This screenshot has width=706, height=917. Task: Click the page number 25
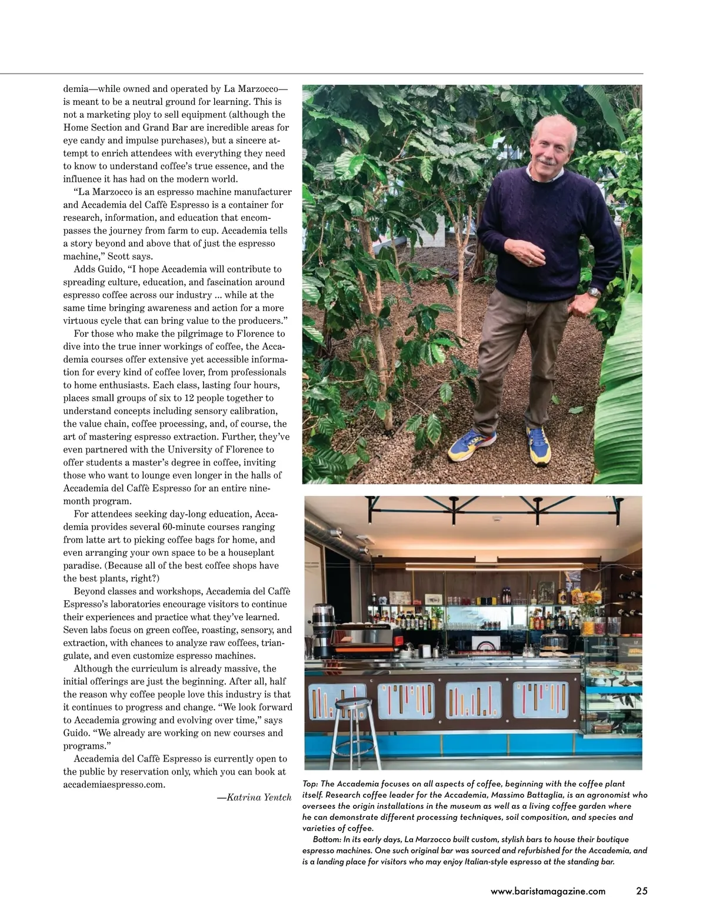(641, 891)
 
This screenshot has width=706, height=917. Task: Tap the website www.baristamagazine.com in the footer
(548, 891)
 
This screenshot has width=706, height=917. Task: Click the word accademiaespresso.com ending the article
(114, 785)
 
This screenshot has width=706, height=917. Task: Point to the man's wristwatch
(595, 291)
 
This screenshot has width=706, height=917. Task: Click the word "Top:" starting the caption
(310, 784)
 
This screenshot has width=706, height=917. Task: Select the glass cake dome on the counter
(554, 640)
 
